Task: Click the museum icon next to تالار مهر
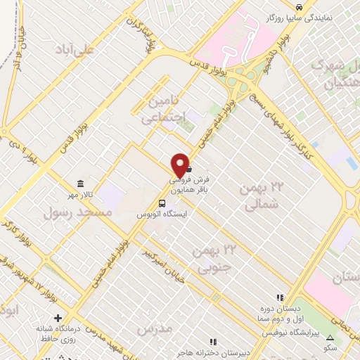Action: click(75, 182)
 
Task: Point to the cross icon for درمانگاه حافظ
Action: click(58, 318)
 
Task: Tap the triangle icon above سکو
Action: click(330, 339)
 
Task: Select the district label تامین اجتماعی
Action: click(167, 110)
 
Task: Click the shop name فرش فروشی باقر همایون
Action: click(195, 184)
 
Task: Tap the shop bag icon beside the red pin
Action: click(189, 169)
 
